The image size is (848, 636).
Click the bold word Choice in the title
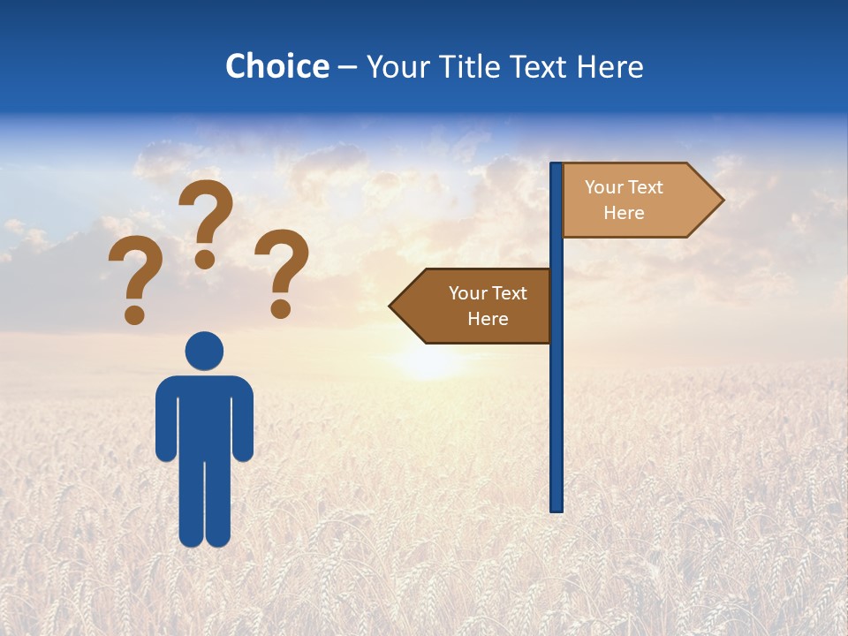point(276,66)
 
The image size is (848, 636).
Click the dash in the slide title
point(347,67)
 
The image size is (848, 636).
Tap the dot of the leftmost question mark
point(134,314)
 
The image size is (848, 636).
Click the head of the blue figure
point(204,351)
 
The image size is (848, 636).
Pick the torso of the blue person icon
point(204,415)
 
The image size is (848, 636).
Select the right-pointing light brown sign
point(632,201)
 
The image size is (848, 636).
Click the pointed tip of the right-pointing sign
point(721,201)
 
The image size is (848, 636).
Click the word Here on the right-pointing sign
point(624,213)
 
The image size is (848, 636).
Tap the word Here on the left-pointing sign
point(488,319)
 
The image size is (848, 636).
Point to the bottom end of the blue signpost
point(556,508)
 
